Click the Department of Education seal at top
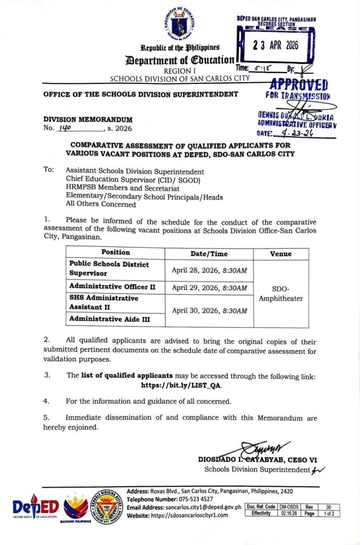point(180,24)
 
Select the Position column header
point(115,253)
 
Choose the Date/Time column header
point(209,254)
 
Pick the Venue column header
point(281,254)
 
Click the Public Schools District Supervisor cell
point(115,269)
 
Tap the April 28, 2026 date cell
point(209,270)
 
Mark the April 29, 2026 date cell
point(209,287)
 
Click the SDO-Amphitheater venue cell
point(281,294)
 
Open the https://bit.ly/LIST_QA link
point(181,385)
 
